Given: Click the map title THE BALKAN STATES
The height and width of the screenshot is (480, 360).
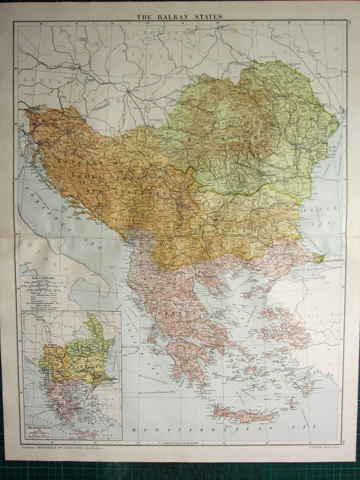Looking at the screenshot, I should (180, 17).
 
